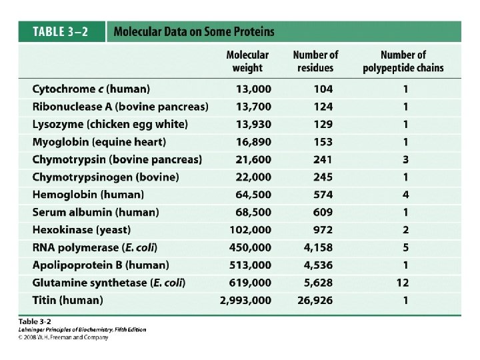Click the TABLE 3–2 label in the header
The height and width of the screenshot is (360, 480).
(61, 31)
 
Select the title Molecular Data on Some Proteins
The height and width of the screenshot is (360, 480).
(193, 31)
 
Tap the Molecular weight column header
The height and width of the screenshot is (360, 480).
(247, 61)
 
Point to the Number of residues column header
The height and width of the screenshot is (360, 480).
(315, 61)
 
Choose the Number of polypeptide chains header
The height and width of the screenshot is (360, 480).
(403, 61)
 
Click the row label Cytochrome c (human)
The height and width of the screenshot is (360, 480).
(91, 89)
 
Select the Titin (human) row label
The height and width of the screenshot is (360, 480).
(67, 300)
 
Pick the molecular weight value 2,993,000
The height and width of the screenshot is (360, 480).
(246, 300)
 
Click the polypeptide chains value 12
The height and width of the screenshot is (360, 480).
(403, 283)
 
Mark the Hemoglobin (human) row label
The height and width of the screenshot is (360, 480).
(88, 195)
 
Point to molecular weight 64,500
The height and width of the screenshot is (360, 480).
(253, 195)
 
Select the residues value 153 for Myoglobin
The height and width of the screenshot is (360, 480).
(323, 141)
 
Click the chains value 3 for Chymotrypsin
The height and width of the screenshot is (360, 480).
(405, 159)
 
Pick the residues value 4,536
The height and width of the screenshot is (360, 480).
(319, 265)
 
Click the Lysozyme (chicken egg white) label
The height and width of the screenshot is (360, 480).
(110, 124)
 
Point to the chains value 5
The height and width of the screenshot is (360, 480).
(405, 247)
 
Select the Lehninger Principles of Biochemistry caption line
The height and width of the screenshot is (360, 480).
(82, 329)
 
